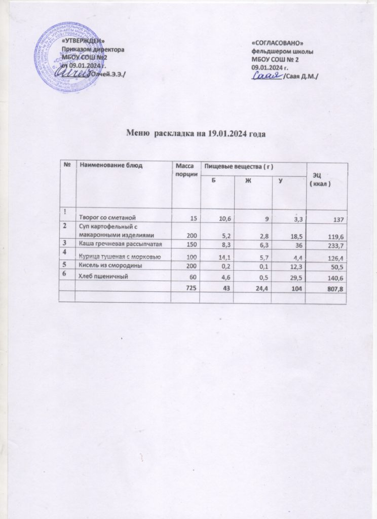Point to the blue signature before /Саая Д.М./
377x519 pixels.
click(x=267, y=76)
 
